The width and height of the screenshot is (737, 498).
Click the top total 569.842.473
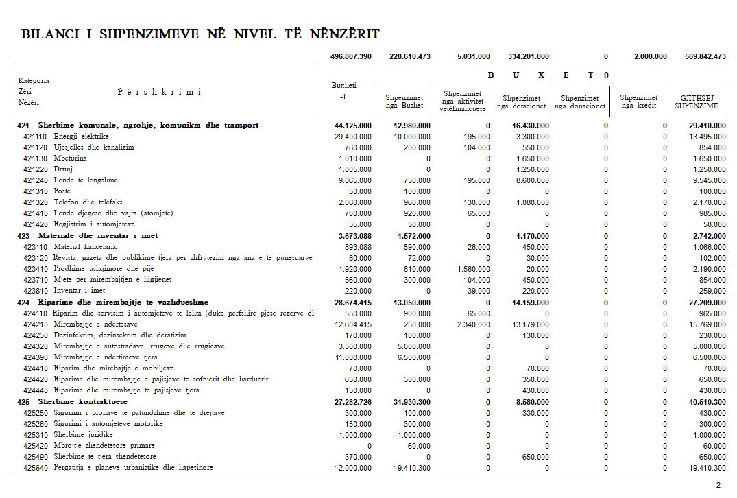pyautogui.click(x=705, y=56)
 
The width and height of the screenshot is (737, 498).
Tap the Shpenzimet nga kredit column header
pyautogui.click(x=638, y=102)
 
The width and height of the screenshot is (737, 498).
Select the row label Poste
pyautogui.click(x=63, y=191)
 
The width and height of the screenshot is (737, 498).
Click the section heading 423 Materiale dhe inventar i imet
pyautogui.click(x=88, y=235)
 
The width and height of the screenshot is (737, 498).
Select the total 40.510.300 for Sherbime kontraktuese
pyautogui.click(x=707, y=401)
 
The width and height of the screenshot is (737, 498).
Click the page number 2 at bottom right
pyautogui.click(x=718, y=485)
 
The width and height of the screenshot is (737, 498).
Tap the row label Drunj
pyautogui.click(x=64, y=169)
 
